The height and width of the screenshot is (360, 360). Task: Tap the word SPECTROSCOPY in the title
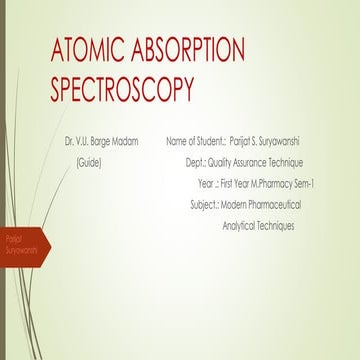[121, 91]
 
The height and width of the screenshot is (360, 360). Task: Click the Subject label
[204, 205]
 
